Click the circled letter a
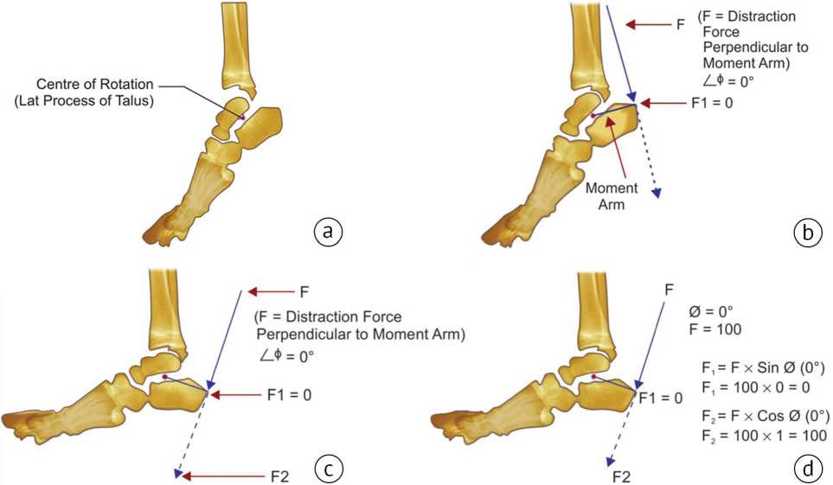pos(325,231)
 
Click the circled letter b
pos(806,231)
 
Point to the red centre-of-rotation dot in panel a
pos(243,117)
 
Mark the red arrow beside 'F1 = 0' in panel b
pos(663,103)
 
